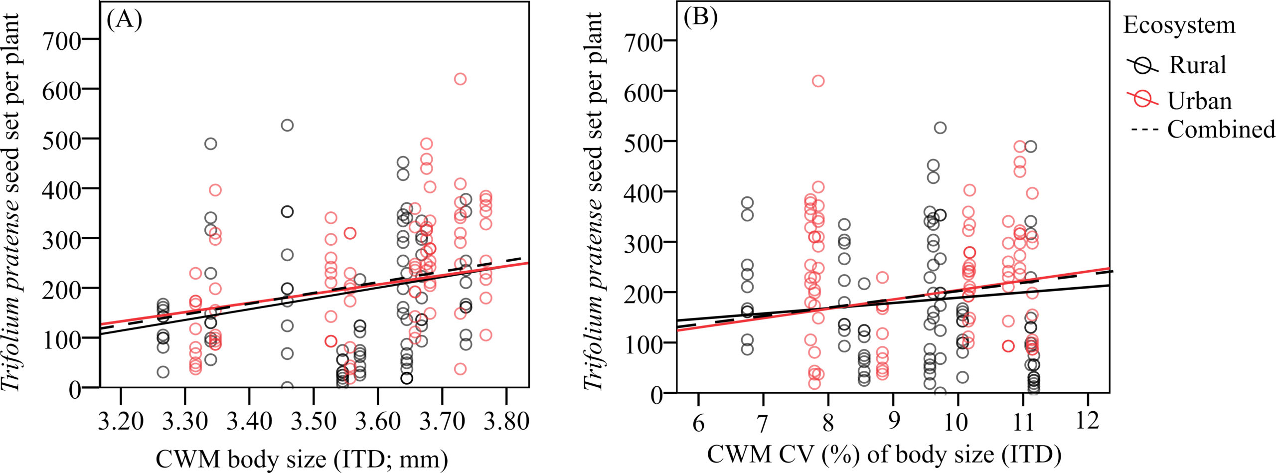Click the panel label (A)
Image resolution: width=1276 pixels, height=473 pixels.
click(124, 20)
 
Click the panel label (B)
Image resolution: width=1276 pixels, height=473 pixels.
click(700, 18)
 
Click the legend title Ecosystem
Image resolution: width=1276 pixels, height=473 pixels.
click(1179, 25)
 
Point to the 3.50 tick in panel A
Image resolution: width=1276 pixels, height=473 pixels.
click(314, 422)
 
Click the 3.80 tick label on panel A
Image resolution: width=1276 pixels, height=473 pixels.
click(506, 422)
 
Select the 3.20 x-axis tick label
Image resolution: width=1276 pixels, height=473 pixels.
click(121, 422)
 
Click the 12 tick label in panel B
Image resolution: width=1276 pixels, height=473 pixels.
click(1087, 421)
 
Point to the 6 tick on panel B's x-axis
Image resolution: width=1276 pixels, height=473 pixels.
click(698, 423)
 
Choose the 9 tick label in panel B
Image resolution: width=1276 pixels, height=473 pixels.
click(893, 422)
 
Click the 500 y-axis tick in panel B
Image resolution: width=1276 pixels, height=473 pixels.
click(642, 142)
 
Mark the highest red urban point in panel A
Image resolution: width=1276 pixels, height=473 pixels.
click(460, 79)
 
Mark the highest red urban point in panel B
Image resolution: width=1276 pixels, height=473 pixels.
click(818, 81)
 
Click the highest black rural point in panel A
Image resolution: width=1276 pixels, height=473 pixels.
click(287, 125)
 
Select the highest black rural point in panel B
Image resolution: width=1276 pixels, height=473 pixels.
click(940, 128)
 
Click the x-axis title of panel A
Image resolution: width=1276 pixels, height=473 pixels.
click(302, 458)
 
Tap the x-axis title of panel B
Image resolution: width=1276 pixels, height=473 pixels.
click(884, 455)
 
